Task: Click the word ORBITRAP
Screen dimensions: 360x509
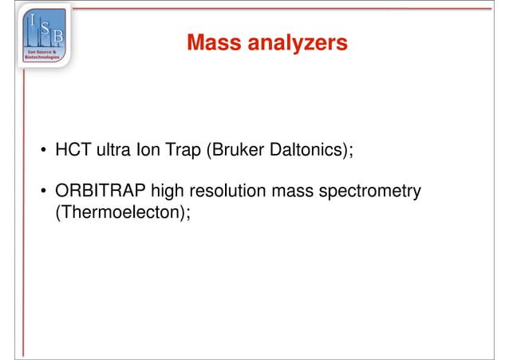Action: point(100,192)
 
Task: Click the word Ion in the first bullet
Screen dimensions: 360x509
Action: point(148,150)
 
